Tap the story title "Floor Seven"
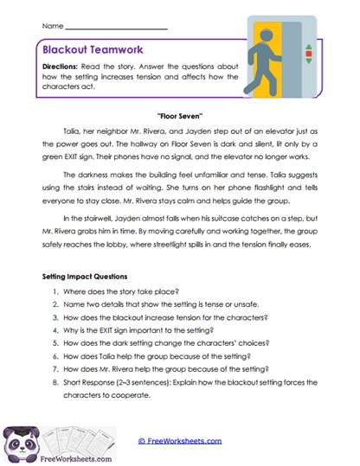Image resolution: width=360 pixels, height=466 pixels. (180, 115)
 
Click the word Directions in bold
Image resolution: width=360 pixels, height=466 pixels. (69, 67)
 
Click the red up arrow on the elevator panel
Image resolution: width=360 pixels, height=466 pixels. (307, 53)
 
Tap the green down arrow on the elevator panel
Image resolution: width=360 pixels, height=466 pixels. (307, 61)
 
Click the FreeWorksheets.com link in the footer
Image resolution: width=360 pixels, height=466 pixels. (180, 440)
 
